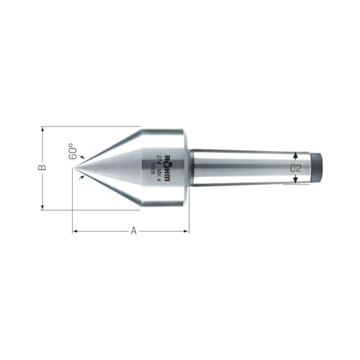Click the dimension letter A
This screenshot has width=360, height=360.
point(134,230)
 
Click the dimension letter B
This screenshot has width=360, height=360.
point(42,167)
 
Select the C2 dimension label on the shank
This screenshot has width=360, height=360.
point(296,168)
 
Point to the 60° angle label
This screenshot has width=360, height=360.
point(72,151)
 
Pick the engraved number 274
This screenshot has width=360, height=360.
point(159,158)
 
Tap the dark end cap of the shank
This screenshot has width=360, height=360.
point(317,167)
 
